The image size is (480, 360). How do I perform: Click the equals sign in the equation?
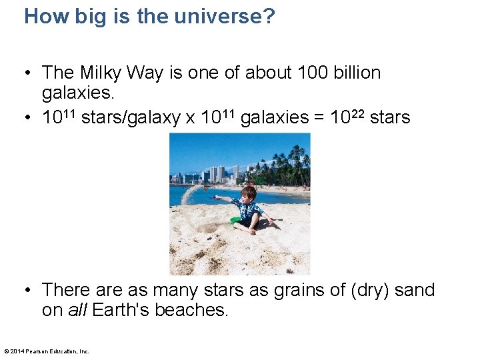pos(318,118)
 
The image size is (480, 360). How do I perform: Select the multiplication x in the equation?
pos(191,118)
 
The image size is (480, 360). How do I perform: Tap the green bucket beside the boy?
pos(235,219)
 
